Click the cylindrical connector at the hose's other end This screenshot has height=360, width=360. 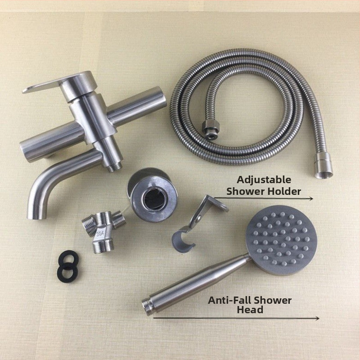coord(323,166)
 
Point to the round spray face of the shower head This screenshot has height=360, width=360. coord(282,240)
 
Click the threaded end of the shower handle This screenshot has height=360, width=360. coord(147,304)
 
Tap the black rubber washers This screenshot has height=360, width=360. coord(68,266)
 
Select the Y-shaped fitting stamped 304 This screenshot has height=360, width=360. coord(104,231)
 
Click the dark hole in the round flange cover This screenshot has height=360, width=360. coord(153,199)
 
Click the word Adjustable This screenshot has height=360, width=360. coord(264,180)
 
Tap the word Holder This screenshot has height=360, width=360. coord(283,191)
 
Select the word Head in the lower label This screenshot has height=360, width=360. coord(250,310)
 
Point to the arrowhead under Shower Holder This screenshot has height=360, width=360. coord(311,198)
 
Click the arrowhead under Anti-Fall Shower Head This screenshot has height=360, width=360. coord(317,318)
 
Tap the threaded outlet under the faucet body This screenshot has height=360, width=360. coord(115,167)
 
